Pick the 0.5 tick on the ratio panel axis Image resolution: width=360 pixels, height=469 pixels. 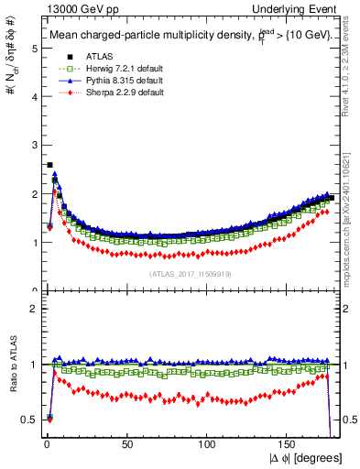pyautogui.click(x=30, y=420)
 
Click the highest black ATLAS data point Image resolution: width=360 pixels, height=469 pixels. pyautogui.click(x=49, y=165)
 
